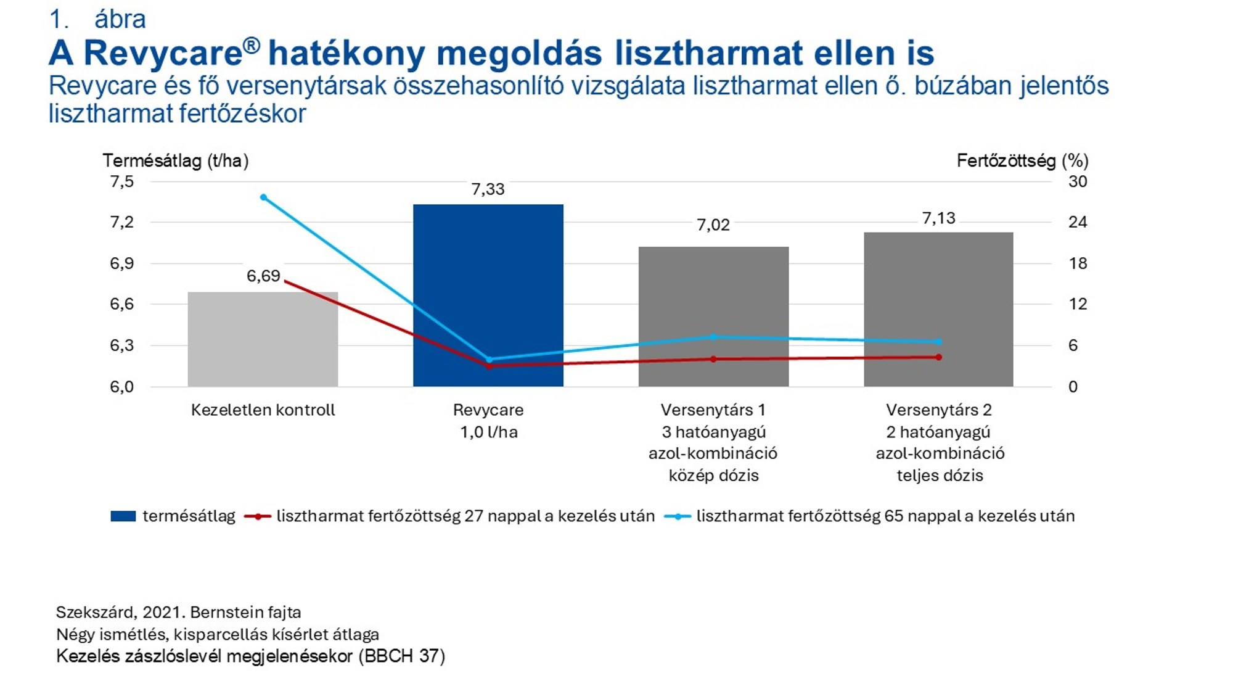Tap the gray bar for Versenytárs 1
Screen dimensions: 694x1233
click(x=713, y=296)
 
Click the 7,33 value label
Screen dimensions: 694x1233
click(x=488, y=189)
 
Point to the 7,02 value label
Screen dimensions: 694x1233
click(x=713, y=225)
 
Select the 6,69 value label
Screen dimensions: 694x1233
click(x=263, y=276)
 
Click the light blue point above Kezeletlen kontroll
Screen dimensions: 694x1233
click(x=263, y=197)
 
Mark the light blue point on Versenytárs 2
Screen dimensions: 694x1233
click(x=939, y=342)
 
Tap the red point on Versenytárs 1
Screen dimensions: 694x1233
click(x=713, y=359)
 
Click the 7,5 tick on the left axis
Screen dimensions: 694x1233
click(x=122, y=181)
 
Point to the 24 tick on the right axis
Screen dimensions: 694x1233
click(x=1077, y=222)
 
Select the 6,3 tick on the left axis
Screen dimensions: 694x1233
click(x=122, y=345)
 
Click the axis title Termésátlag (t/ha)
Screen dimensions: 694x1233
click(x=176, y=161)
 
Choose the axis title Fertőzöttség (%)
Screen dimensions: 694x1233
click(x=1022, y=161)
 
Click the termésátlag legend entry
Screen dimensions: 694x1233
click(x=189, y=516)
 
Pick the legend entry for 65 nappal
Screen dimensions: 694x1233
click(x=885, y=516)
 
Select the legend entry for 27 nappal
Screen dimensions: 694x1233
click(x=465, y=516)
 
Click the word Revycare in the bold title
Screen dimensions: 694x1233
click(x=163, y=53)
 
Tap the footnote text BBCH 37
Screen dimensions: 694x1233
click(x=401, y=656)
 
